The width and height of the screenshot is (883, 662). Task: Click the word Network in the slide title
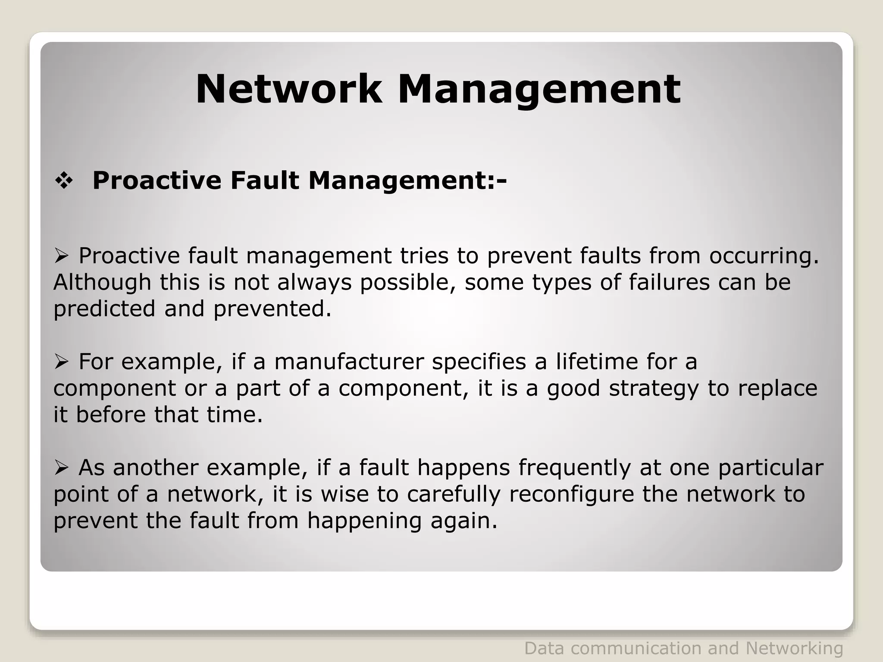point(288,89)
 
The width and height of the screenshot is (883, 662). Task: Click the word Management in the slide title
point(539,89)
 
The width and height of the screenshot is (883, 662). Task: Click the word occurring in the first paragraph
point(764,256)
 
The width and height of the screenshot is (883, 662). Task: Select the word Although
point(102,282)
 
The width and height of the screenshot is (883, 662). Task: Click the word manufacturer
point(349,362)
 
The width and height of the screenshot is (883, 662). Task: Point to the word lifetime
point(597,362)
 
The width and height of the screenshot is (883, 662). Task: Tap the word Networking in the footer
point(794,648)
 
